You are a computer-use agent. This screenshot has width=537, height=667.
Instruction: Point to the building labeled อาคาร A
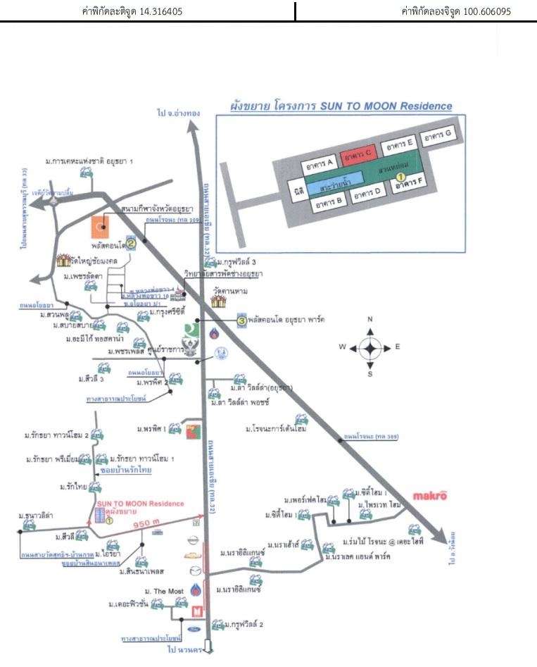click(320, 165)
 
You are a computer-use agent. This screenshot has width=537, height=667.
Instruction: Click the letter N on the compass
click(370, 320)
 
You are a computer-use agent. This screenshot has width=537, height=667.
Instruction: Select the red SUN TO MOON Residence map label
click(140, 504)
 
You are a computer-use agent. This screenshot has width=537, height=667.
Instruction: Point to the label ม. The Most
click(164, 589)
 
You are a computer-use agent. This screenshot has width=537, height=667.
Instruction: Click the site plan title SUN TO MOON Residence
click(341, 106)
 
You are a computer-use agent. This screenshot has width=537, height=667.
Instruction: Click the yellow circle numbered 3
click(241, 320)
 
